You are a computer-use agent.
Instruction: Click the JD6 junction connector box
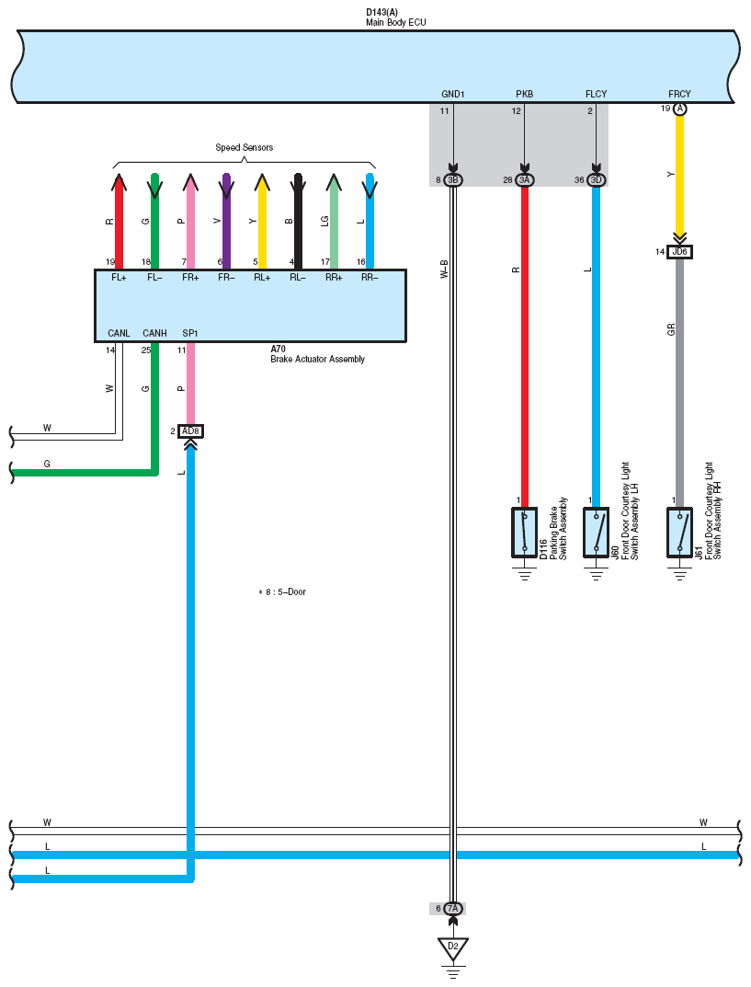coord(680,252)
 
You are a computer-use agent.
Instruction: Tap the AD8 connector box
coord(190,431)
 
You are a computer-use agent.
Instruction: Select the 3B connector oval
coord(453,180)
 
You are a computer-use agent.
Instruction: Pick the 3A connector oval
coord(525,180)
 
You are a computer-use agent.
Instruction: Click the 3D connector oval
coord(597,180)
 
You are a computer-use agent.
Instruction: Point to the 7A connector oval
coord(453,908)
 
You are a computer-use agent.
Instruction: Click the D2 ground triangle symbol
coord(453,948)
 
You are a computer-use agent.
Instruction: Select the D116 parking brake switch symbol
coord(525,533)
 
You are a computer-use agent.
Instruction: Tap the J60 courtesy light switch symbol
coord(597,533)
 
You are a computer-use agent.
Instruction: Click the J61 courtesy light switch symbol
coord(680,533)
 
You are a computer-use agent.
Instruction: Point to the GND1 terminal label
coord(453,95)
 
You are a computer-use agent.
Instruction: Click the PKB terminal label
coord(525,95)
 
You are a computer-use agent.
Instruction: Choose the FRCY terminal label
coord(680,95)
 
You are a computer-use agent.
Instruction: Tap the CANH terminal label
coord(154,333)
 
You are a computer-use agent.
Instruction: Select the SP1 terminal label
coord(190,333)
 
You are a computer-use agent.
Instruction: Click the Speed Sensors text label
coord(244,147)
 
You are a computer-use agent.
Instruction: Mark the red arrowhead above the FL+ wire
coord(119,182)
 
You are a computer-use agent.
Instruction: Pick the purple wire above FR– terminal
coord(226,221)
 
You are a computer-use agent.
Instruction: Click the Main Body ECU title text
coord(396,22)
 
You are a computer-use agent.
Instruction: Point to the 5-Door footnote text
coord(282,592)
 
